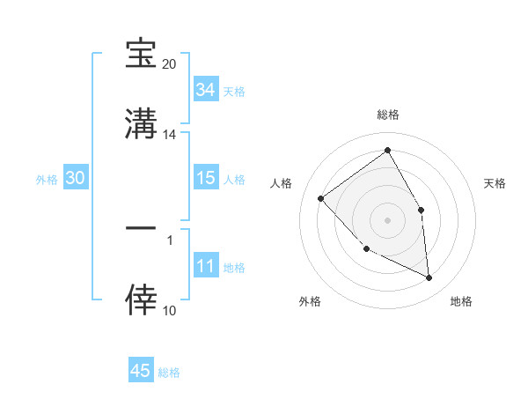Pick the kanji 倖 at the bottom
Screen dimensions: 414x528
pos(142,299)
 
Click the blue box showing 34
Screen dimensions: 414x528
pos(205,90)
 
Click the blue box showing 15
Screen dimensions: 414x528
pos(205,178)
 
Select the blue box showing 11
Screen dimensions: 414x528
pos(205,267)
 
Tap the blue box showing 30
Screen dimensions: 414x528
pos(76,178)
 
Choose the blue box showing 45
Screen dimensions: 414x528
pos(140,371)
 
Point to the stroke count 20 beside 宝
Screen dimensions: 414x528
pos(169,64)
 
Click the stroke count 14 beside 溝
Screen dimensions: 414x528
pos(169,135)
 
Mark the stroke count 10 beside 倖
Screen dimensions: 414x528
pos(169,310)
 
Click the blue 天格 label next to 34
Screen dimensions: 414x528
pos(233,92)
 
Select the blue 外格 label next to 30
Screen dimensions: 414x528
pos(47,180)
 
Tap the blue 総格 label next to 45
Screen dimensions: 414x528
pos(169,373)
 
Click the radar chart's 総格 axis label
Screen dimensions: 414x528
pos(387,115)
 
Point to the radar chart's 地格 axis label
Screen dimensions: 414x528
pos(461,302)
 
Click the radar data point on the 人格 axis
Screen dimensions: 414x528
pos(321,198)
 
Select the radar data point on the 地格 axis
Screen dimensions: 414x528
pos(429,277)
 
